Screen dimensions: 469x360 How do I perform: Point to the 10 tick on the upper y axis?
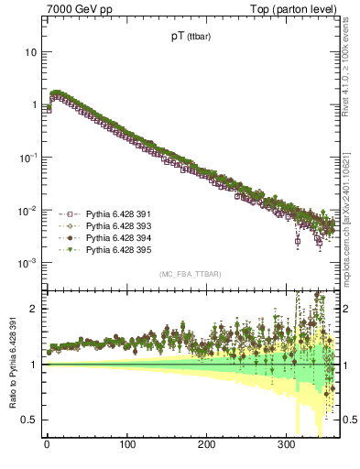30,52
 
